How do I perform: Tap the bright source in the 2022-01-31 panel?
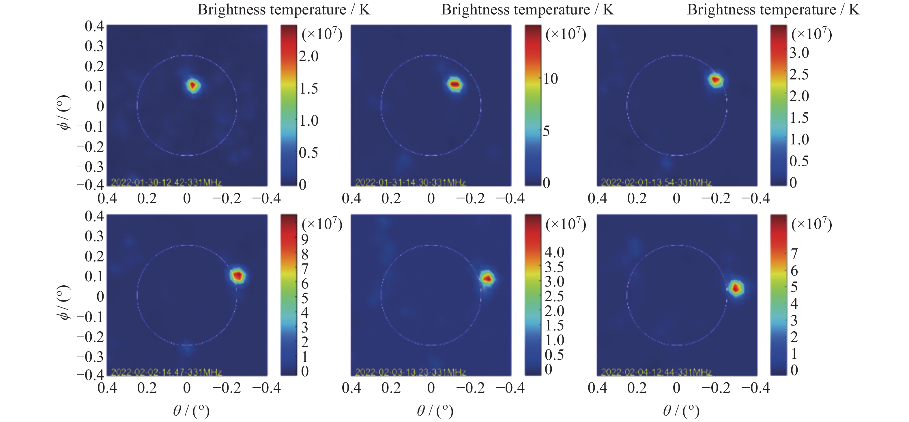(x=455, y=84)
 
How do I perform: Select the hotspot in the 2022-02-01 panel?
(x=716, y=80)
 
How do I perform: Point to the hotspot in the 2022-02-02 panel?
(x=238, y=276)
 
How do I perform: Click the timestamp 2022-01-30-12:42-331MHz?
(x=166, y=183)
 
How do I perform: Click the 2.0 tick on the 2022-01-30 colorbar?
(x=309, y=56)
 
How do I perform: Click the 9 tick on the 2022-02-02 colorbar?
(x=304, y=239)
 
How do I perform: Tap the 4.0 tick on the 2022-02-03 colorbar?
(x=554, y=252)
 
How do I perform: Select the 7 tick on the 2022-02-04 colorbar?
(x=794, y=254)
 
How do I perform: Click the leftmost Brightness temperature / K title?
(x=284, y=10)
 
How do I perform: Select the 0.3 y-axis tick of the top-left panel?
(x=94, y=46)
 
